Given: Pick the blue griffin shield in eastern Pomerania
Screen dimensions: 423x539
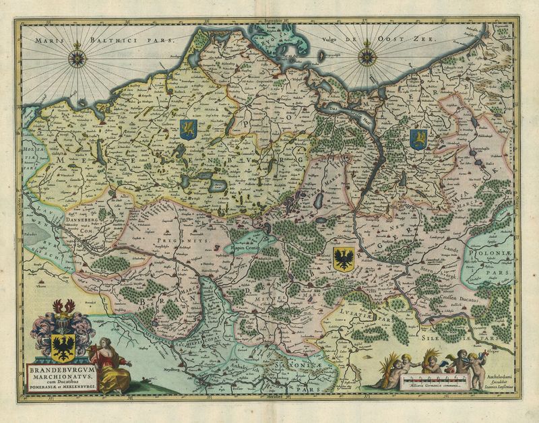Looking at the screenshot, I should [x=418, y=139].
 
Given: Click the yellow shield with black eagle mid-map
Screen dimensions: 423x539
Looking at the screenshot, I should [x=344, y=257].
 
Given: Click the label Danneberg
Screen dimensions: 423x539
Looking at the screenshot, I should [x=84, y=219].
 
